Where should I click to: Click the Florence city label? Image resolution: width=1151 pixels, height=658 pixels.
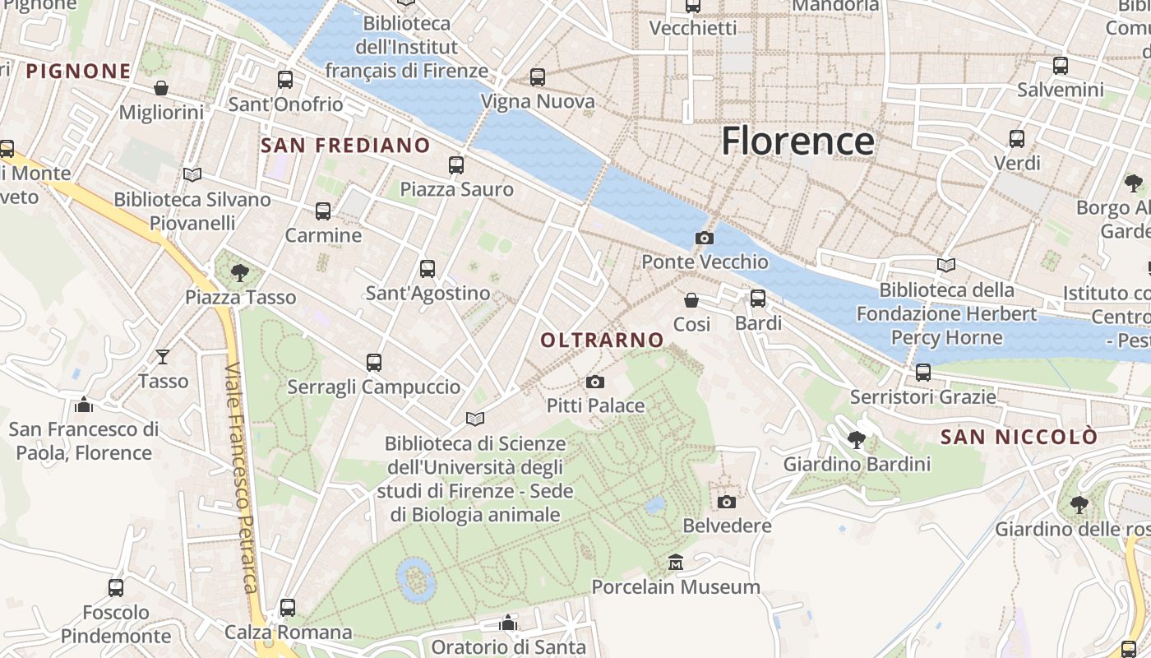point(797,141)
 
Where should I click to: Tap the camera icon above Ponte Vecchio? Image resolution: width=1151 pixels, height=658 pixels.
point(705,239)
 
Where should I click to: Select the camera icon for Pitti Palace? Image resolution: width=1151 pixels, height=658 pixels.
point(595,382)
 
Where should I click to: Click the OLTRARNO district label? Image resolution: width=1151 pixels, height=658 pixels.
point(603,340)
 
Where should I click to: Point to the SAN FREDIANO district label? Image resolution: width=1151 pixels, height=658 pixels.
point(345,146)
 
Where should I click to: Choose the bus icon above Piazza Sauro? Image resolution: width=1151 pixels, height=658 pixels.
point(456,165)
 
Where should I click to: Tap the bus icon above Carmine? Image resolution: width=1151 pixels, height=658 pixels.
point(323,211)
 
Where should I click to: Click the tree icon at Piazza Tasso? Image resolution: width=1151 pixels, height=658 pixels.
point(240,272)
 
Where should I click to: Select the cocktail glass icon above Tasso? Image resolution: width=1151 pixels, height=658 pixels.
point(163,356)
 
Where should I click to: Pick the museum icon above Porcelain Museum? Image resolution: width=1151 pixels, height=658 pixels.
point(676,563)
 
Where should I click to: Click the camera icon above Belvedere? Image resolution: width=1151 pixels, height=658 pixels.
point(727,502)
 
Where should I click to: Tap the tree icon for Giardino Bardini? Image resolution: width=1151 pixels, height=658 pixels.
point(857,440)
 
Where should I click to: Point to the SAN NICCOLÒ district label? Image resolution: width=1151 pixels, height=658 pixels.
point(1019,437)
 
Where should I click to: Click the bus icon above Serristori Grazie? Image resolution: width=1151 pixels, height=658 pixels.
point(923,373)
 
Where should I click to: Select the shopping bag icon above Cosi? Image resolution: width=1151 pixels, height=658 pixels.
point(691,300)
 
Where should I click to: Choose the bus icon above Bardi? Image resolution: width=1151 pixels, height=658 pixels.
point(758,299)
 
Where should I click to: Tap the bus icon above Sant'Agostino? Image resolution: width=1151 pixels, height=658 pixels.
point(428,269)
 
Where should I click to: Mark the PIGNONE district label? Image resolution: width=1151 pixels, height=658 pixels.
point(78,72)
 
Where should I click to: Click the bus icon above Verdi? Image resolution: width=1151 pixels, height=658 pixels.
point(1017,139)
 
